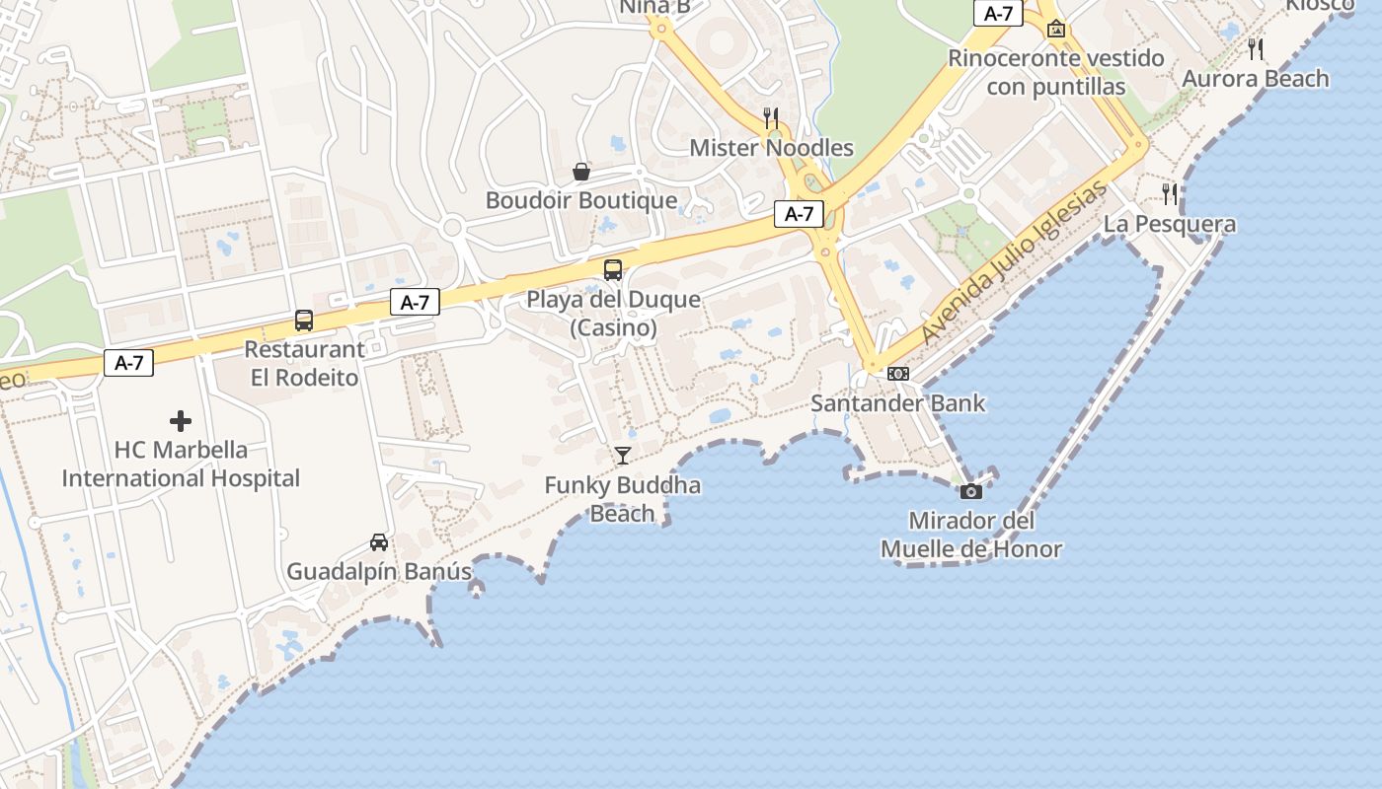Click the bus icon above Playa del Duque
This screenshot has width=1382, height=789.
(x=613, y=269)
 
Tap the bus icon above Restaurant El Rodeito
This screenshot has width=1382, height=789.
(x=304, y=320)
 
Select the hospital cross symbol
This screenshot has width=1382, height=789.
(x=181, y=421)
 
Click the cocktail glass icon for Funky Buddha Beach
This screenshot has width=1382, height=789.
(x=623, y=455)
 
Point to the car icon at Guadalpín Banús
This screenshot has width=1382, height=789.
(x=379, y=541)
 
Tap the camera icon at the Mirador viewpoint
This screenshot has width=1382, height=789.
(x=971, y=490)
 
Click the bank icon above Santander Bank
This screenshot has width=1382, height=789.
(x=898, y=373)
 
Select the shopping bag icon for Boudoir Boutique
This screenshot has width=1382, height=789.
(x=581, y=172)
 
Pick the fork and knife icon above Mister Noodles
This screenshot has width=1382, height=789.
(x=772, y=118)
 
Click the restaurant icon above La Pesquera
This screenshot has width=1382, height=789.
(x=1170, y=193)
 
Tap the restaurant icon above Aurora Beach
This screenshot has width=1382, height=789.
(x=1256, y=48)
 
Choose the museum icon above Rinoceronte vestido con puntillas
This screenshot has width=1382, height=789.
(x=1056, y=29)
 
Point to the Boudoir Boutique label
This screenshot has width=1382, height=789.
(x=581, y=200)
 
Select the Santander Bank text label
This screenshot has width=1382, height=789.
(x=898, y=402)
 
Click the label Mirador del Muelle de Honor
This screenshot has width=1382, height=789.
(x=971, y=535)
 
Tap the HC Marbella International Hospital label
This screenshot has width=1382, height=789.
(x=181, y=464)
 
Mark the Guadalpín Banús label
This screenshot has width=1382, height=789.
(x=379, y=571)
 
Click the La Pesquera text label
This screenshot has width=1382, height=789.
(x=1170, y=224)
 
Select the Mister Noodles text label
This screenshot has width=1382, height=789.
(x=772, y=148)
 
